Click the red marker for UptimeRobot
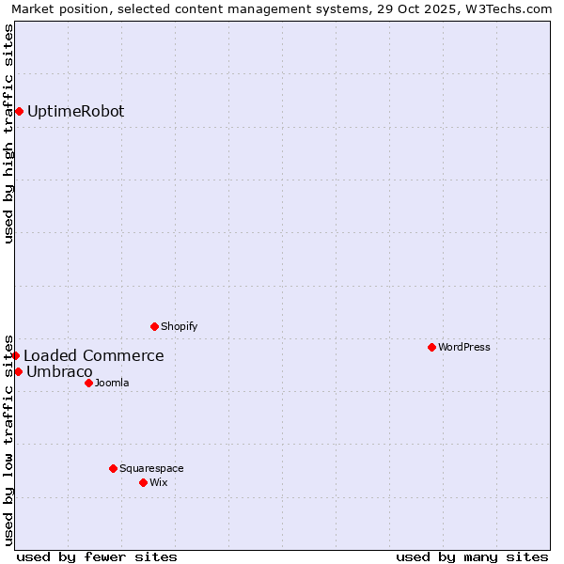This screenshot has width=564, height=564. pos(19,111)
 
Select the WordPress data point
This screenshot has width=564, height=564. pos(431,347)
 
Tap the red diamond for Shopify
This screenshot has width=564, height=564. pos(154,326)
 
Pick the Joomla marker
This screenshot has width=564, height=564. pos(88,383)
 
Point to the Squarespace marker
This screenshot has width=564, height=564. pos(113,468)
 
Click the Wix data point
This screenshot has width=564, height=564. pos(143,482)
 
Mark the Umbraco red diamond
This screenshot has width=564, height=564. pos(18,371)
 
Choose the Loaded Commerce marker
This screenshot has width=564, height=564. pos(16,355)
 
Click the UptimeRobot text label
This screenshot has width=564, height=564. pos(75,111)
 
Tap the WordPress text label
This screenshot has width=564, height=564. pos(464,347)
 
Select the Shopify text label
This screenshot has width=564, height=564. pos(179,326)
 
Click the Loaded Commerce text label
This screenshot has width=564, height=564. pos(93,355)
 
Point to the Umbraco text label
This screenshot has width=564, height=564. pos(59,371)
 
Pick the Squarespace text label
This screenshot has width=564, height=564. pos(151,468)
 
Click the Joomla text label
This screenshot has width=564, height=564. pos(112,383)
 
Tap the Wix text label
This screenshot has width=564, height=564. pos(159,482)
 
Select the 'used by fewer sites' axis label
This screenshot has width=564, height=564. pos(97,556)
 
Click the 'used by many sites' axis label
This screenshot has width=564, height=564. pos(472,556)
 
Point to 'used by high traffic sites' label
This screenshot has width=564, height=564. pos(8,133)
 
